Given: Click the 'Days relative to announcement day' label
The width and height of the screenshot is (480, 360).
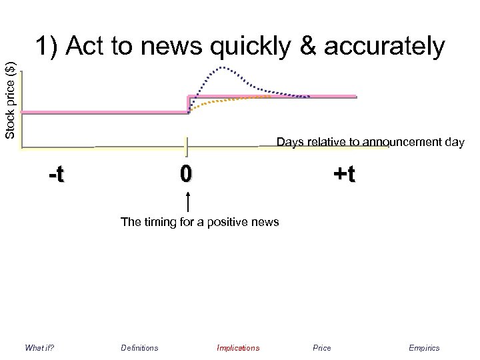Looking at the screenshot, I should coord(370,142).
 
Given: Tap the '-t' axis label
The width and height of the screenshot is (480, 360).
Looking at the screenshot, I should coord(57,175).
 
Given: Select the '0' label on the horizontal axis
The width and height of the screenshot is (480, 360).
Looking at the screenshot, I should coord(186,174).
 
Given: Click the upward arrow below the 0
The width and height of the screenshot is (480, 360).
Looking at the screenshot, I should coord(189,200).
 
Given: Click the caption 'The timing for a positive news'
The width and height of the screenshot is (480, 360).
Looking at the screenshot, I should coord(199,222).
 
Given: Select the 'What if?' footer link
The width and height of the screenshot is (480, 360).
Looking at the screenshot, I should coord(39,347).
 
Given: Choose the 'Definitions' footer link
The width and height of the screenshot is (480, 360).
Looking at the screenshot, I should coord(139,347).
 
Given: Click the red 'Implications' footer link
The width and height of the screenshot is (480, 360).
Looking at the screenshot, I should coord(238,347).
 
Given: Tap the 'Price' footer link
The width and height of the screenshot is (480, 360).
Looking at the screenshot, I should coord(321,347).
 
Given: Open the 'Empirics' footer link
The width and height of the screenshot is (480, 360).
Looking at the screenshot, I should coord(424,347).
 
